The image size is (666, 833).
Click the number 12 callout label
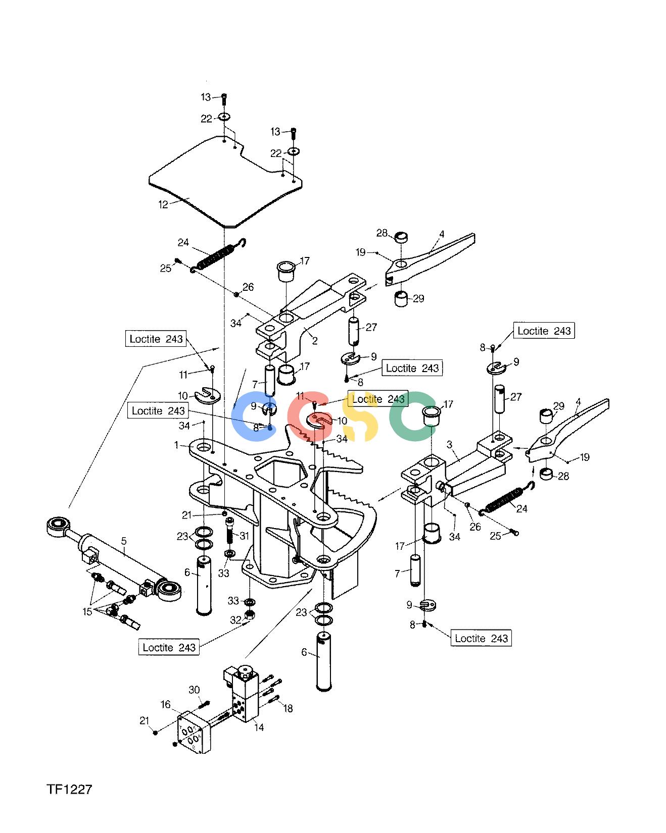tap(163, 205)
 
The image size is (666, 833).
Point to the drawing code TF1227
tap(70, 790)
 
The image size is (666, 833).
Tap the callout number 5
tap(124, 542)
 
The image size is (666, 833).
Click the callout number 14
tap(260, 727)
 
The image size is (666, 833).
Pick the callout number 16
tap(166, 705)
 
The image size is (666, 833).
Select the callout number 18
tap(288, 709)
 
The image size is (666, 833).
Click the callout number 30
tap(195, 690)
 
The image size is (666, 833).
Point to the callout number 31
tap(245, 536)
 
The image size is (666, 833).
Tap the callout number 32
tap(236, 620)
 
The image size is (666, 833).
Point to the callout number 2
tap(315, 341)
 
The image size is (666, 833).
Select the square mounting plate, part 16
tap(192, 732)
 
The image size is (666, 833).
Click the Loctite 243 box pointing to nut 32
tap(169, 647)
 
